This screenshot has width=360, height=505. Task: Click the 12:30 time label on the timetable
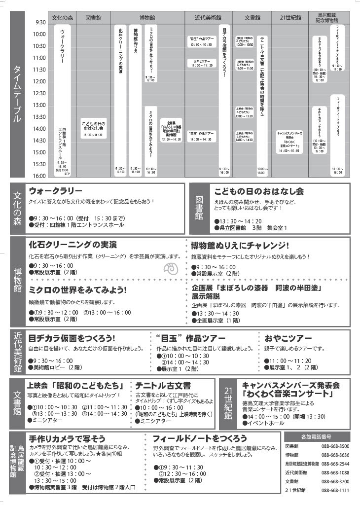point(39,93)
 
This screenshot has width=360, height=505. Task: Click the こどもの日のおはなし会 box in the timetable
point(93,127)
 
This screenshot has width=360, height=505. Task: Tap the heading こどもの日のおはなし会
point(259,191)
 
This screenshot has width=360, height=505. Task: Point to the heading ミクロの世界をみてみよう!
point(78,290)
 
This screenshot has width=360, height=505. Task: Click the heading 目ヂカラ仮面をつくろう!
point(72,338)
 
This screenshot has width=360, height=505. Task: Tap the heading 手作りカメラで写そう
point(67,438)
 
